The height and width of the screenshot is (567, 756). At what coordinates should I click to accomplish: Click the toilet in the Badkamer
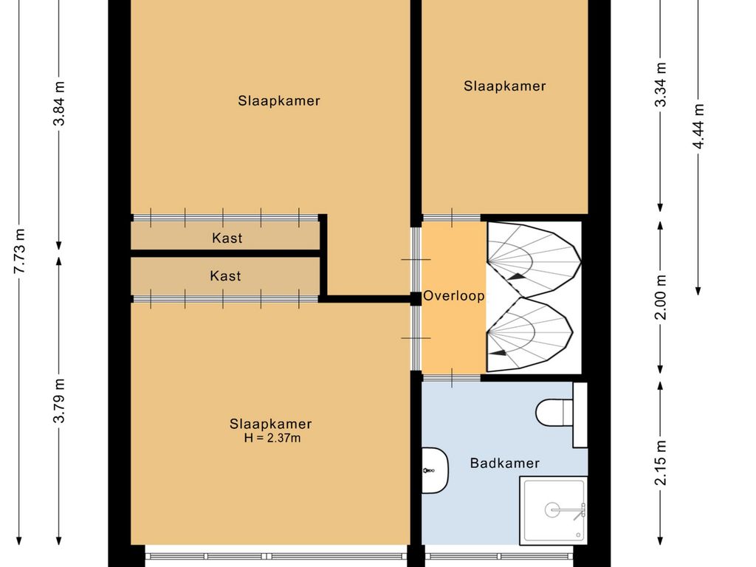pos(554,413)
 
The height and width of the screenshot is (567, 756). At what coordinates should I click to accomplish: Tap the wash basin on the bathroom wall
pos(435,470)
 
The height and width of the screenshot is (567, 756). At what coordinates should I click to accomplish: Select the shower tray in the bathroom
pos(554,511)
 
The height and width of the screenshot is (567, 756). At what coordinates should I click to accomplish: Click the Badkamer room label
pos(504,464)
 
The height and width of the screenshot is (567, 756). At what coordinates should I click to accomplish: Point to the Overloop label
pos(454,295)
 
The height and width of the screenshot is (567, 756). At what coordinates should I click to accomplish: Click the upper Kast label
pos(227,238)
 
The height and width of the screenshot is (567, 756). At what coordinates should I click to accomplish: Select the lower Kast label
pos(225,276)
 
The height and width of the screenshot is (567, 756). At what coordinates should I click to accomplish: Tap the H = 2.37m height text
pos(272,438)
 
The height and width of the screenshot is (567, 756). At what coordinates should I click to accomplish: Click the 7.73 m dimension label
pos(19,251)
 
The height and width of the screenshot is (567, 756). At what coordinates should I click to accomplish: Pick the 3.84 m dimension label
pos(59,103)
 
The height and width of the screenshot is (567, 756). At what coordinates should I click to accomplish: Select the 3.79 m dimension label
pos(59,401)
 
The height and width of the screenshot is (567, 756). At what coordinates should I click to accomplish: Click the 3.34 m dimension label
pos(661,84)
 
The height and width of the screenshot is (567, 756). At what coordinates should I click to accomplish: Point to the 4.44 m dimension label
pos(698,126)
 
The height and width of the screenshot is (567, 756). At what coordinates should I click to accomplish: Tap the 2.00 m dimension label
pos(661,297)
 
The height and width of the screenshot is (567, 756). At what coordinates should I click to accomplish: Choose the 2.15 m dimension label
pos(661,462)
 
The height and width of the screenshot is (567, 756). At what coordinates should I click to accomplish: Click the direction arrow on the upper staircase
pos(515,277)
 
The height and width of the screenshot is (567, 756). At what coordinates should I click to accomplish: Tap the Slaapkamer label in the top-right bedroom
pos(505,86)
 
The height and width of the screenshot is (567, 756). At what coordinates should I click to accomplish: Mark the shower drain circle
pos(552,510)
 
